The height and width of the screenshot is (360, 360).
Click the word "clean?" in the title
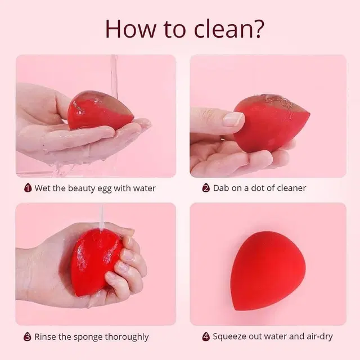point(229,29)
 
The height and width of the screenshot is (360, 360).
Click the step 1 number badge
point(28,188)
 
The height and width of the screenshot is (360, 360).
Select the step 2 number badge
point(206,188)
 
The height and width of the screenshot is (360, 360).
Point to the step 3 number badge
point(28,336)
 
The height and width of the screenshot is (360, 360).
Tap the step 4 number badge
point(206,336)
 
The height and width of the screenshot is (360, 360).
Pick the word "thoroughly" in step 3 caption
point(127,337)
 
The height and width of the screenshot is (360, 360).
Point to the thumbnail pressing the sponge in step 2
point(234,119)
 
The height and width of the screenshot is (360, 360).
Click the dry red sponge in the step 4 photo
point(268,271)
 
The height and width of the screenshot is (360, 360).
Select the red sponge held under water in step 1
point(101,110)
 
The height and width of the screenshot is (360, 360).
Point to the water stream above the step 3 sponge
point(101,218)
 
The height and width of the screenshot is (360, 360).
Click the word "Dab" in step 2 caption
point(221,188)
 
